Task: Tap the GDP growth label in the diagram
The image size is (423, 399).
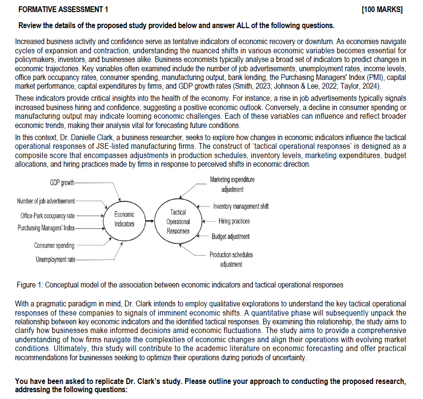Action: tap(62, 182)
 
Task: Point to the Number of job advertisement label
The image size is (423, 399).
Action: tap(46, 201)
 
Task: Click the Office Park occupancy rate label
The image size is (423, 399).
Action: tap(47, 216)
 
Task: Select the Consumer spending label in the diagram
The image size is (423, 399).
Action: tap(54, 245)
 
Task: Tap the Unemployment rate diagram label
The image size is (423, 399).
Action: tap(55, 259)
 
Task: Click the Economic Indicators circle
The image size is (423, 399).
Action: tap(125, 219)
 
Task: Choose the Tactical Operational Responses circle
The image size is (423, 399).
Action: tap(178, 222)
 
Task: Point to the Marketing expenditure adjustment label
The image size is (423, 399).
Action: tap(232, 184)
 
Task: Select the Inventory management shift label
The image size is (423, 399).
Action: tap(241, 207)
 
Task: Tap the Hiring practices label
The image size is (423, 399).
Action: tap(234, 221)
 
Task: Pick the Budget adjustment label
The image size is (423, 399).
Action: tap(231, 236)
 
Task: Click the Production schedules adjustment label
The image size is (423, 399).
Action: tap(231, 259)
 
